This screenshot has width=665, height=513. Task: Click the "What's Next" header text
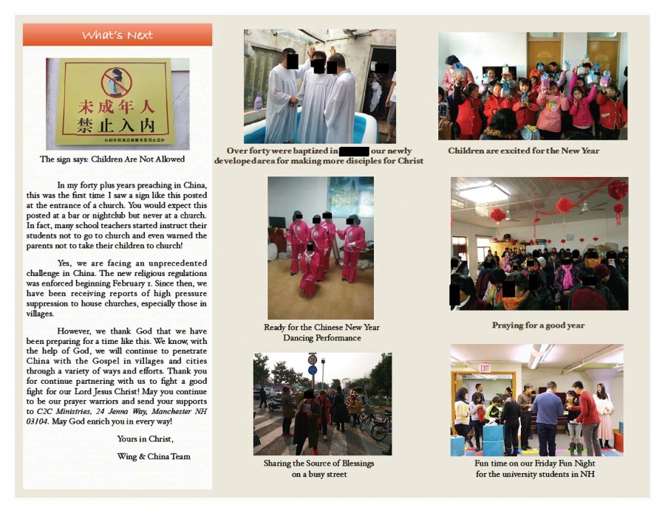tap(117, 35)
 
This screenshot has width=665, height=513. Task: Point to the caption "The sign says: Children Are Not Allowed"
tap(112, 159)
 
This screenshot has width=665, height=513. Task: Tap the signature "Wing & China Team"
tap(154, 456)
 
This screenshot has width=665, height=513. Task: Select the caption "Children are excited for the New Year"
tap(523, 151)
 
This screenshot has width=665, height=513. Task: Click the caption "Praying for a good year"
tap(538, 325)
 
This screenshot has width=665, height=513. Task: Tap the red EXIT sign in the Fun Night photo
tap(485, 367)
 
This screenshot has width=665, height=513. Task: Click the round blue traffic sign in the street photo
tap(313, 369)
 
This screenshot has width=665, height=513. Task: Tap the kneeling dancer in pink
tap(310, 266)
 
